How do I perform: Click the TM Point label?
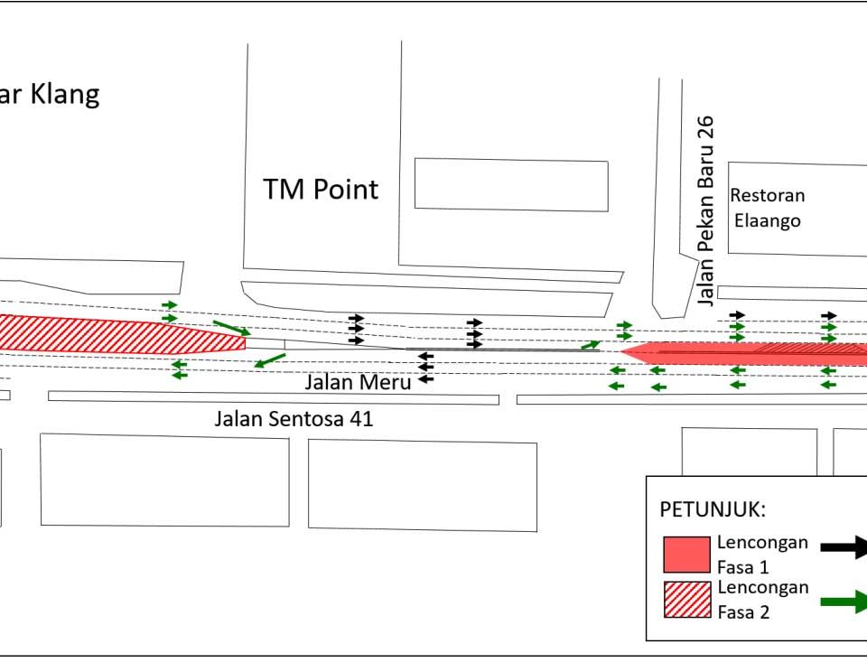pos(320,190)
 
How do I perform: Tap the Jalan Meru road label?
pos(358,381)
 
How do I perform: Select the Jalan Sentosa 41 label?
pos(294,419)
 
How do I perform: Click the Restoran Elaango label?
pos(767,208)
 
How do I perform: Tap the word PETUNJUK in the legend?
pos(713,509)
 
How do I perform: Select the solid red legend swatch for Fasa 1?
pos(686,554)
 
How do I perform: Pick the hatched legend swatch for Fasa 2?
pos(686,600)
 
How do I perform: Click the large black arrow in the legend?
pos(844,545)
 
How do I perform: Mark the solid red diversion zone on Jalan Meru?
pos(741,353)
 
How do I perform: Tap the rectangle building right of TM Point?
pos(511,185)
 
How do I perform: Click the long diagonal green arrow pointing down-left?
pos(270,360)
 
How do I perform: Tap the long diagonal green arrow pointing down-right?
pos(231,328)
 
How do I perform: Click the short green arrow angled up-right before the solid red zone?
pos(591,344)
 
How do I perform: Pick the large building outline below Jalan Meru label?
pos(422,485)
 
